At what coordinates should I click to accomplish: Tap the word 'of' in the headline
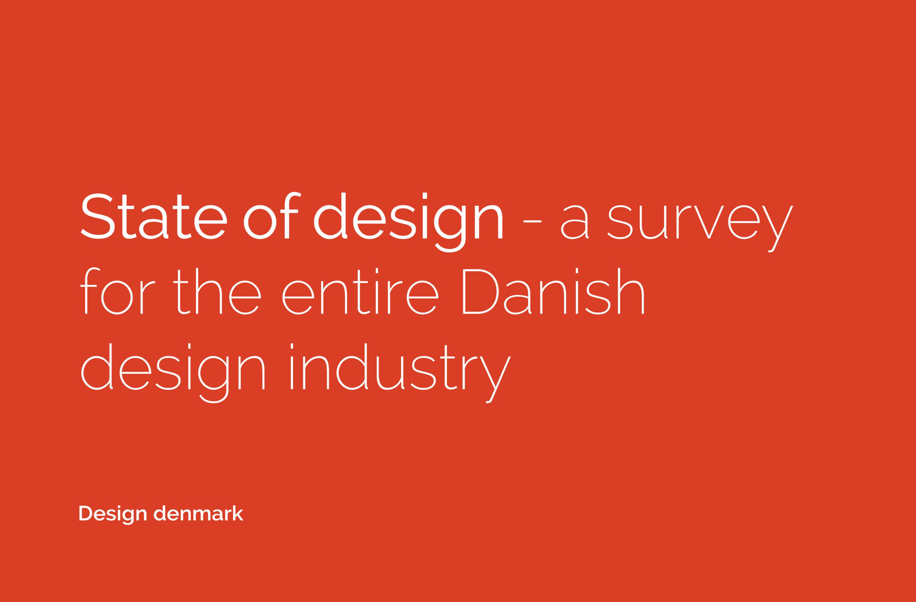[271, 215]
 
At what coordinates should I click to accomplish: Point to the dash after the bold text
[533, 221]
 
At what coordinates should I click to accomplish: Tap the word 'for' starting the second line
[118, 291]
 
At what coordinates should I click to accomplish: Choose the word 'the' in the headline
[217, 291]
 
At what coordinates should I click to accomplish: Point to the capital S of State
[98, 216]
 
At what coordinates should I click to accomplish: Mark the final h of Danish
[631, 291]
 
